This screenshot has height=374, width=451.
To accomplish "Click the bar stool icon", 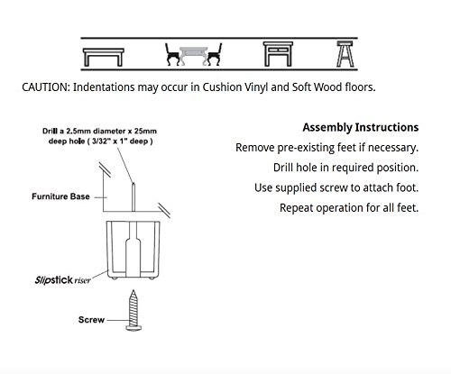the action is [x=345, y=54].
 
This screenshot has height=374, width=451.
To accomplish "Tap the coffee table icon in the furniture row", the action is [x=103, y=57].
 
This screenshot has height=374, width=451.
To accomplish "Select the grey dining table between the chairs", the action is [x=193, y=55].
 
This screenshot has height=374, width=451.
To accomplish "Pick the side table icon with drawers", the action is [x=278, y=54].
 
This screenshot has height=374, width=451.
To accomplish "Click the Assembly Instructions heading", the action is [x=361, y=127].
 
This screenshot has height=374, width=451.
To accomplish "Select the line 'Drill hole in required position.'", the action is [x=345, y=168].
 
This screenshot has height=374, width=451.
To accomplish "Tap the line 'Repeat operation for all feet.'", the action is [x=349, y=208].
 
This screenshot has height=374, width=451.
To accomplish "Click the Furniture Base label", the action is [x=60, y=196].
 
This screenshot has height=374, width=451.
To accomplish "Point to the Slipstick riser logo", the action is [x=62, y=280].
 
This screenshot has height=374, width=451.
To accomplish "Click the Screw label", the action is [x=91, y=320].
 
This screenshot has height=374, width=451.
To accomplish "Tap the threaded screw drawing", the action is [x=133, y=310].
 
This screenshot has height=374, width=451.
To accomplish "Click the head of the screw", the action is [x=133, y=328].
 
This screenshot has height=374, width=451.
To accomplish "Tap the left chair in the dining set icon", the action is [x=172, y=55].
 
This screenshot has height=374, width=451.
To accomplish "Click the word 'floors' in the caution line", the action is [x=359, y=87].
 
